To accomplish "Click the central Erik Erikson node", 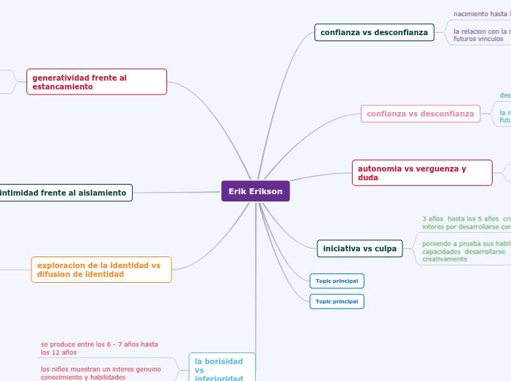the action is [255, 191].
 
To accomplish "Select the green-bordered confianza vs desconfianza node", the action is [374, 32].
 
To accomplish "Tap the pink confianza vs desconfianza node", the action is [420, 114].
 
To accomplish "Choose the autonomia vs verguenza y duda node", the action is [422, 173].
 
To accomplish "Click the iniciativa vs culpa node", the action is [359, 249].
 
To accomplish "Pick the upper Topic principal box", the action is [337, 281].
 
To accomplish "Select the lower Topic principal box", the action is [337, 301].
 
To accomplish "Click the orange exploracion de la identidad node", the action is [101, 270].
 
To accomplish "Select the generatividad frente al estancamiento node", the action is [96, 81].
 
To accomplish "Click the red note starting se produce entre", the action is [99, 348].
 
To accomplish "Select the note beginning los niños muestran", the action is [100, 373].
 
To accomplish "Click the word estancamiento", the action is [62, 86].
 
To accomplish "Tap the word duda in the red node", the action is [368, 178].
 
